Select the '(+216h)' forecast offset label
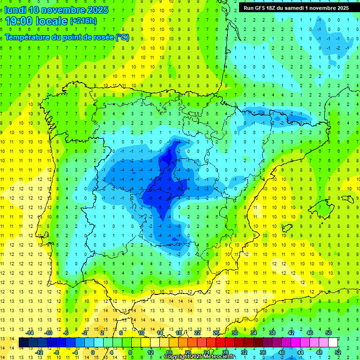83,21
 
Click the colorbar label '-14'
30,332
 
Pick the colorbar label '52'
338,352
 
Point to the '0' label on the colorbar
92,352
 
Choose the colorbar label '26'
216,332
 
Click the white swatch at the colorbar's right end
333,342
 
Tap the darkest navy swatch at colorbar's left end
23,342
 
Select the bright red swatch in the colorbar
220,342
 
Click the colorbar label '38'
272,332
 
